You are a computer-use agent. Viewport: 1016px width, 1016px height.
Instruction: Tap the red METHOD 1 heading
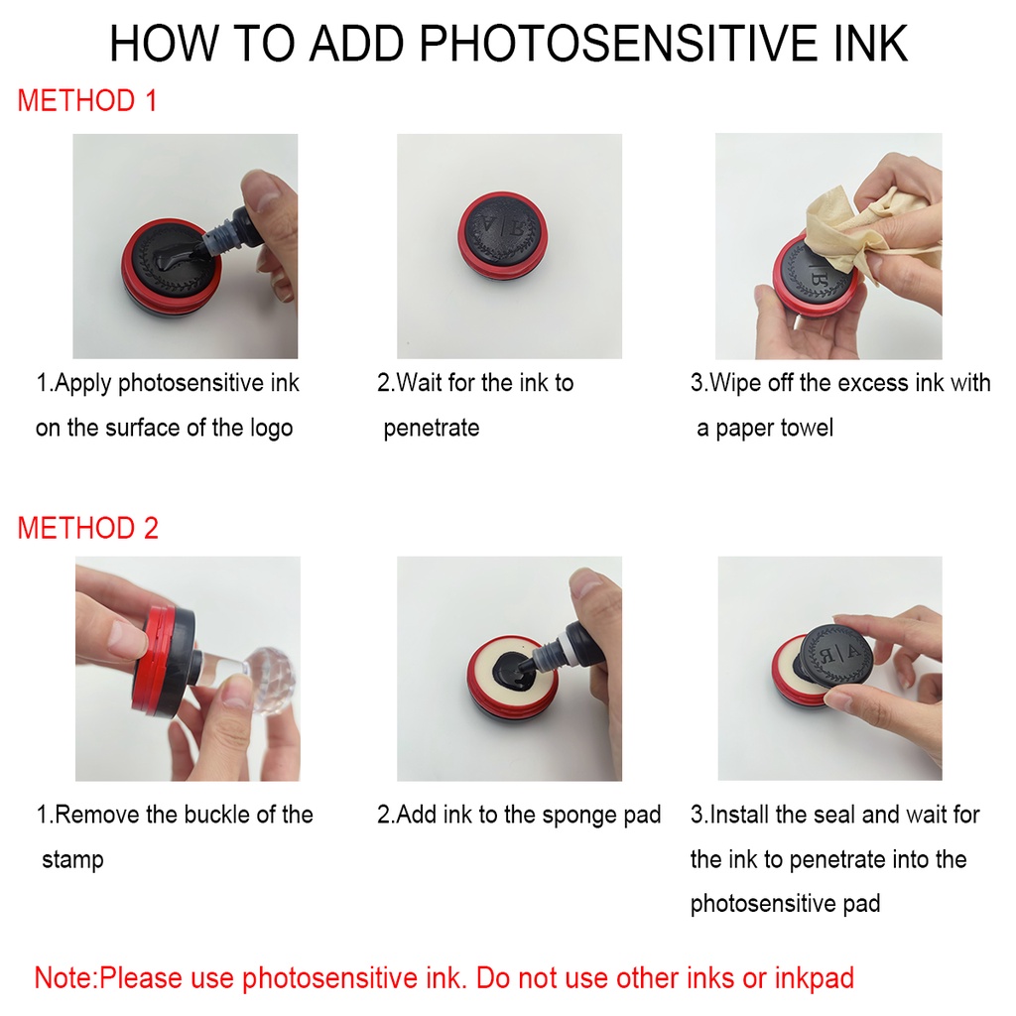pyautogui.click(x=87, y=101)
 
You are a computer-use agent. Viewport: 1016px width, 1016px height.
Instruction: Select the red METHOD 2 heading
pyautogui.click(x=88, y=528)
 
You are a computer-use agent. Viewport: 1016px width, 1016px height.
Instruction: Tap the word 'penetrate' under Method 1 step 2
pyautogui.click(x=432, y=429)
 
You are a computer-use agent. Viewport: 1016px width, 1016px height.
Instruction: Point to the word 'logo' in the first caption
pyautogui.click(x=272, y=429)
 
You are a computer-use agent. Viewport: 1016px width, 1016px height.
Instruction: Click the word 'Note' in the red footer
pyautogui.click(x=64, y=977)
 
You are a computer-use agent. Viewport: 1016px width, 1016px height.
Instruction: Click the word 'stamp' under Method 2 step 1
pyautogui.click(x=72, y=860)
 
